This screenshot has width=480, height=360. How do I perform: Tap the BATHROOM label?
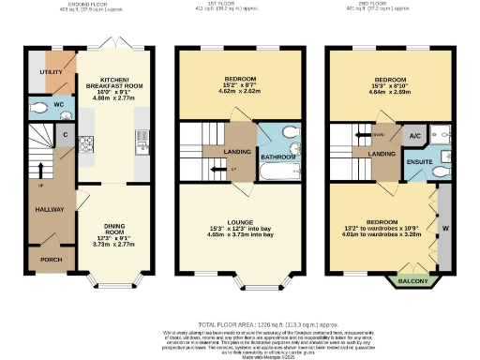277,157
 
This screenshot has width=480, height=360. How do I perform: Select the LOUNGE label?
241,225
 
